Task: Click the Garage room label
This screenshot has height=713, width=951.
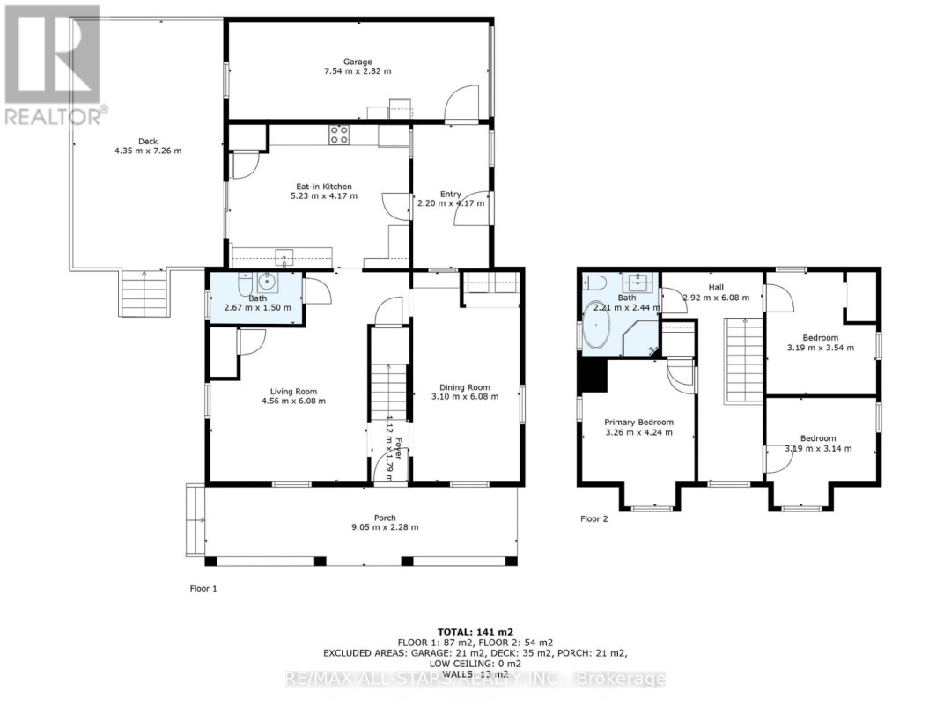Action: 358,62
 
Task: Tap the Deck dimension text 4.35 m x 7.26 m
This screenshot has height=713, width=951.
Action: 147,151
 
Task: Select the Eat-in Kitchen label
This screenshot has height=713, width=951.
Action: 323,187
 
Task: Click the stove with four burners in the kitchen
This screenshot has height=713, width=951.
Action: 339,135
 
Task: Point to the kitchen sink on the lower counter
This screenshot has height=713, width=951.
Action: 284,257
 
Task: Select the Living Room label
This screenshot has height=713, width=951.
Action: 293,392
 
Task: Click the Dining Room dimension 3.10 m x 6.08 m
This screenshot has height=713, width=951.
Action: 465,397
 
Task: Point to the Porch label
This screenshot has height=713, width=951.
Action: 384,518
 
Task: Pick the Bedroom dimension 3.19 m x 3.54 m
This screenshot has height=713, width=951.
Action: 820,349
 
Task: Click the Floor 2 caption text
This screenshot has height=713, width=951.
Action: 594,518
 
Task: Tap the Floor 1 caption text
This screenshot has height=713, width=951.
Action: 204,587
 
